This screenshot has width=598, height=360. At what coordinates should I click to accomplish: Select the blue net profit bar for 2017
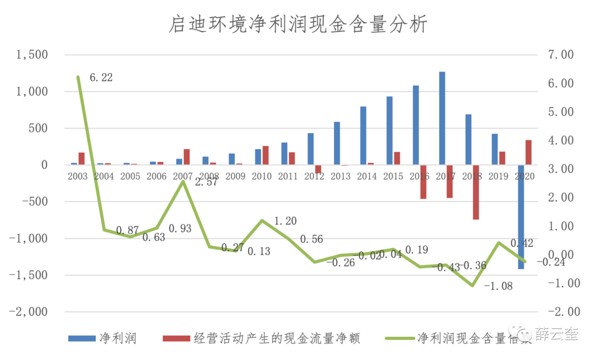click(442, 118)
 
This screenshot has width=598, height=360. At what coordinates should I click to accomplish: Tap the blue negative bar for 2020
click(521, 217)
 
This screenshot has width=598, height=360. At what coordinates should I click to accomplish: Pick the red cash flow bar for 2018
click(476, 192)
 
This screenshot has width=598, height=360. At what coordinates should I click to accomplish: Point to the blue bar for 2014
click(363, 136)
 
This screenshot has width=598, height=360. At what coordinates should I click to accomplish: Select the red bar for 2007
click(187, 157)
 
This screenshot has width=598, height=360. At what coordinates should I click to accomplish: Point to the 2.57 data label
click(206, 183)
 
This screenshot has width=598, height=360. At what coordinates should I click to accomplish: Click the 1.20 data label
click(285, 222)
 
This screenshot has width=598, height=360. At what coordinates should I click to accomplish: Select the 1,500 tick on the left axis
click(32, 55)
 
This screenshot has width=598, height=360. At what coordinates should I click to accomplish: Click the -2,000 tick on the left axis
click(28, 312)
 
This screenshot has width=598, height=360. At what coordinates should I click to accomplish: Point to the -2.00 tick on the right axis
click(560, 312)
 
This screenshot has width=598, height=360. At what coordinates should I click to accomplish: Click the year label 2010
click(261, 176)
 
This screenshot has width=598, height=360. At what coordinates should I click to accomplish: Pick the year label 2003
click(78, 176)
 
